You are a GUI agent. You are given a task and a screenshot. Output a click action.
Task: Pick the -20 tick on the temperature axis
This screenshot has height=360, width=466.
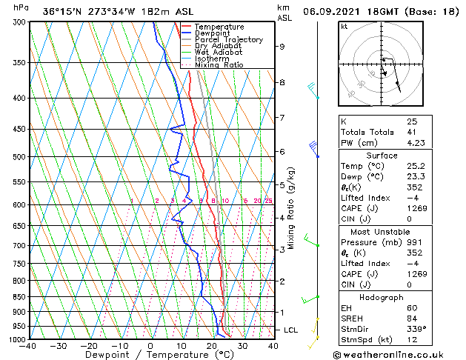point(89,345)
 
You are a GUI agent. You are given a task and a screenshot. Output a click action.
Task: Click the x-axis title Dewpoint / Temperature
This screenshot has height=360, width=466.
point(151,355)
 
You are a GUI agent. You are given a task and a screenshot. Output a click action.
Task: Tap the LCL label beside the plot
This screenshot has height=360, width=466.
point(292,330)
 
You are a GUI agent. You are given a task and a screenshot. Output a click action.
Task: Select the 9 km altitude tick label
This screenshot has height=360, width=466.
point(282,47)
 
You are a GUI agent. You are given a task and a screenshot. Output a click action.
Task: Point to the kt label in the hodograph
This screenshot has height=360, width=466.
point(344,27)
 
